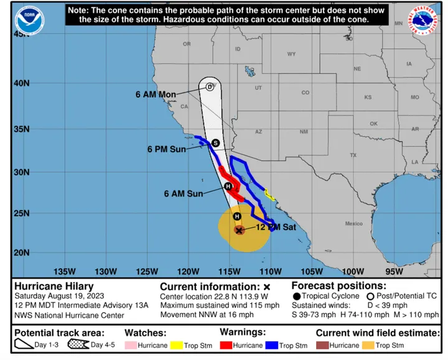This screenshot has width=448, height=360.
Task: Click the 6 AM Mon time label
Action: point(156,95)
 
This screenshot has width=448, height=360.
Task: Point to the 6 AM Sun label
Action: point(184,193)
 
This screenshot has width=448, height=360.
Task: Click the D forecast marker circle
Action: point(210,87)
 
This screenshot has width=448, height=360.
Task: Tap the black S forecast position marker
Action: point(215,142)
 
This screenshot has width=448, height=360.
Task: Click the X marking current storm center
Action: point(239,229)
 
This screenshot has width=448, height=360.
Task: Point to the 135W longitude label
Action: point(65,271)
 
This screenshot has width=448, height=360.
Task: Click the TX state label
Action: point(353,154)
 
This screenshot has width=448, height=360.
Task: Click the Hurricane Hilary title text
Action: point(51,286)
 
